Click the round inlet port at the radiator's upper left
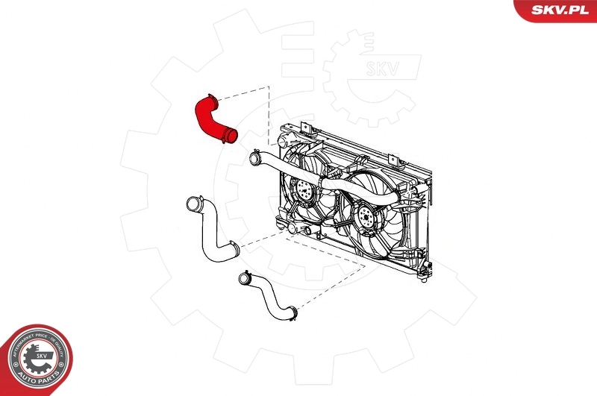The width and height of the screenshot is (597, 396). [x=283, y=141]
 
